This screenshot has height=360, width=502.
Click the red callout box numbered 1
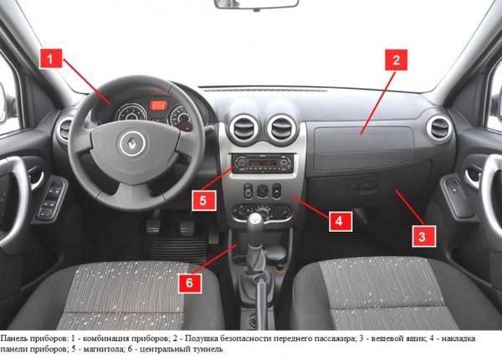50,59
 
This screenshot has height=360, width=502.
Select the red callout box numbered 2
396,60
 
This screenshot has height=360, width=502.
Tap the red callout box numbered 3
424,236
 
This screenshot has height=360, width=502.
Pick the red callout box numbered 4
341,221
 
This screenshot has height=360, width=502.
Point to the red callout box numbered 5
204,200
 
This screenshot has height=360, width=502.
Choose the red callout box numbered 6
190,283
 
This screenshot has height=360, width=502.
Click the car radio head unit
263,163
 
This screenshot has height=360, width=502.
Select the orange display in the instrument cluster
158,105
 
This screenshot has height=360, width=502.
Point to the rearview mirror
256,4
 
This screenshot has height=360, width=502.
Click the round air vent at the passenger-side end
439,128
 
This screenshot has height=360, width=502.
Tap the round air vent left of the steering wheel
64,130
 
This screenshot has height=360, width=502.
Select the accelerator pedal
213,237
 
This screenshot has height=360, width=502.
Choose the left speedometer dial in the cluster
131,113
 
